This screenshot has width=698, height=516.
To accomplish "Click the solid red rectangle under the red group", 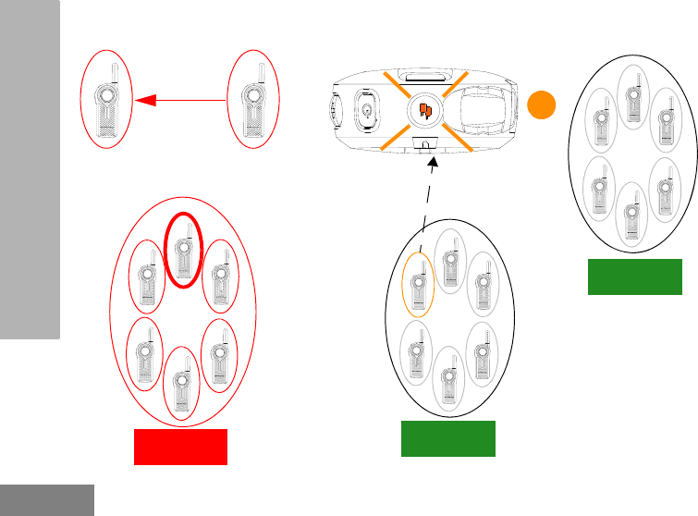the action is pyautogui.click(x=180, y=447).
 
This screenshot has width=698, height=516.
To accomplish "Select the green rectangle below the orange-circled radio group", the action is pyautogui.click(x=447, y=438).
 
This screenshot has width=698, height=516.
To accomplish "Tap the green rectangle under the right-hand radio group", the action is pyautogui.click(x=635, y=276).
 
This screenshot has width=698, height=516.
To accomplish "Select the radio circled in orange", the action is pyautogui.click(x=418, y=283).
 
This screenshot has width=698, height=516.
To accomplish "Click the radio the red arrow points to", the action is pyautogui.click(x=107, y=99).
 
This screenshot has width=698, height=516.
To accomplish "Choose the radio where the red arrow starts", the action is pyautogui.click(x=251, y=99).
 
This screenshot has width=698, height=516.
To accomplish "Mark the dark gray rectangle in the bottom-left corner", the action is pyautogui.click(x=47, y=499).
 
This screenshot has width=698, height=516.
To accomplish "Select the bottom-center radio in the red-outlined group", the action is pyautogui.click(x=180, y=383).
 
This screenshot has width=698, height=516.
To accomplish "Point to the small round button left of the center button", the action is pyautogui.click(x=368, y=111).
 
